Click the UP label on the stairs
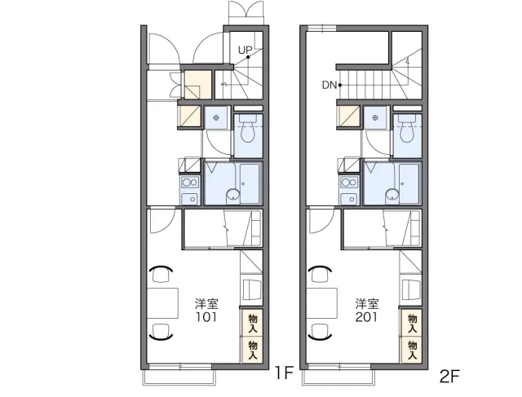coord(245,51)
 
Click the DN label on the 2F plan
coord(330,86)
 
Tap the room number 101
coord(206,317)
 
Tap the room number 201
coord(366,317)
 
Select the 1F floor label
coord(284,373)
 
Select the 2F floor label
coord(449,377)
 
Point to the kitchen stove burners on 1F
coord(190,182)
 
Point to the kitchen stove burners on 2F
coord(349,182)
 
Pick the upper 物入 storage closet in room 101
coord(253,323)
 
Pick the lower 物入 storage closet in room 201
coord(412,350)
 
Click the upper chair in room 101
coord(161,274)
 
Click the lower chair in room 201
coord(321,332)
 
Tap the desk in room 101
coord(163,303)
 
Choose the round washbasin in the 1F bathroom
coord(233,195)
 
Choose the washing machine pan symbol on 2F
coord(375,118)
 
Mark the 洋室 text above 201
coord(367,304)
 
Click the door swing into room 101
coord(162,220)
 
